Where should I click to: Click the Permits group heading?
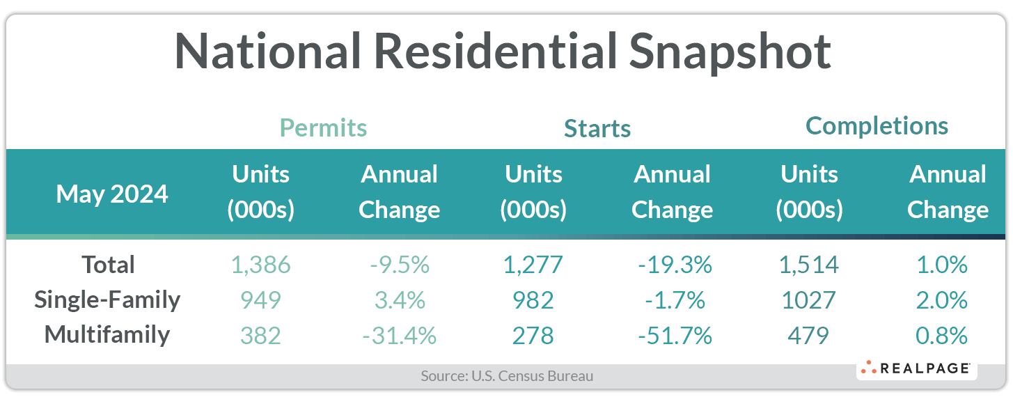point(323,128)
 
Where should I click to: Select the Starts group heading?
point(597,129)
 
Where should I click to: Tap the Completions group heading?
point(877,126)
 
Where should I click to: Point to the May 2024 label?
point(112,193)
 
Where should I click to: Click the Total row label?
point(108,265)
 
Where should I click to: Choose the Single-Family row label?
point(107,300)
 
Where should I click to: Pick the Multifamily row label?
point(107,334)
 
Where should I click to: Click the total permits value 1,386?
point(261,265)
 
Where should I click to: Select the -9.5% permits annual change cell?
point(400,265)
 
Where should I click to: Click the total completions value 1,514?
point(808,265)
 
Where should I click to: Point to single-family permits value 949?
point(261,300)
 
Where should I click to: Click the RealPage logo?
point(916,368)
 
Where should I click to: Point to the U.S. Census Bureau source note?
point(507,376)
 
